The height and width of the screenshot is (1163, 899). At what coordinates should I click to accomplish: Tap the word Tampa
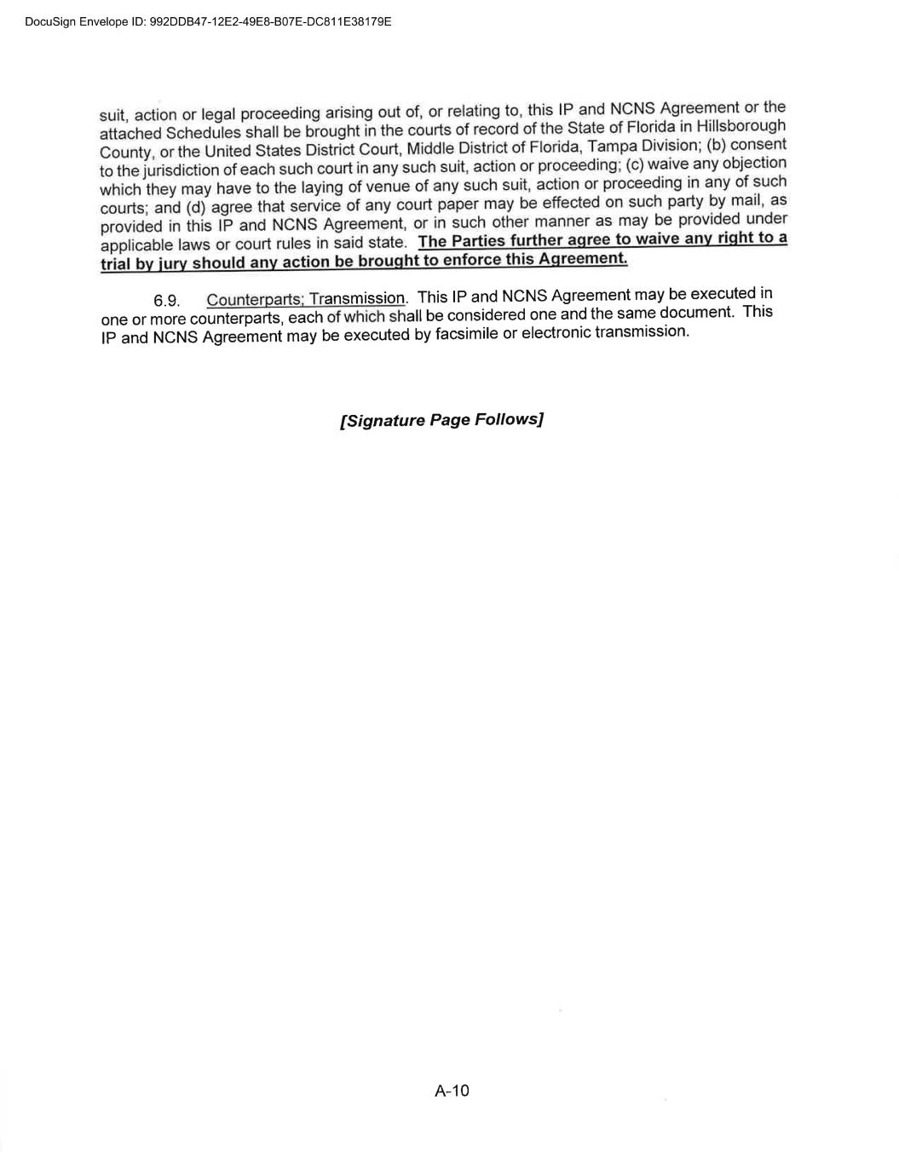point(610,146)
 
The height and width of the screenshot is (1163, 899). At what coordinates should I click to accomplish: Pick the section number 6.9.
point(166,301)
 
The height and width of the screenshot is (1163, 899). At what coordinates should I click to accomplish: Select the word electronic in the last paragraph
point(556,332)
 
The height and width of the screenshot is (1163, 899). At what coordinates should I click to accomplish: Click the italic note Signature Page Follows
point(441,420)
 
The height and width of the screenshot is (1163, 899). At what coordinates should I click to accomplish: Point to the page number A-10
point(452,1091)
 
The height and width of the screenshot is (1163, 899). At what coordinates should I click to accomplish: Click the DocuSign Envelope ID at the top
point(209,21)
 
